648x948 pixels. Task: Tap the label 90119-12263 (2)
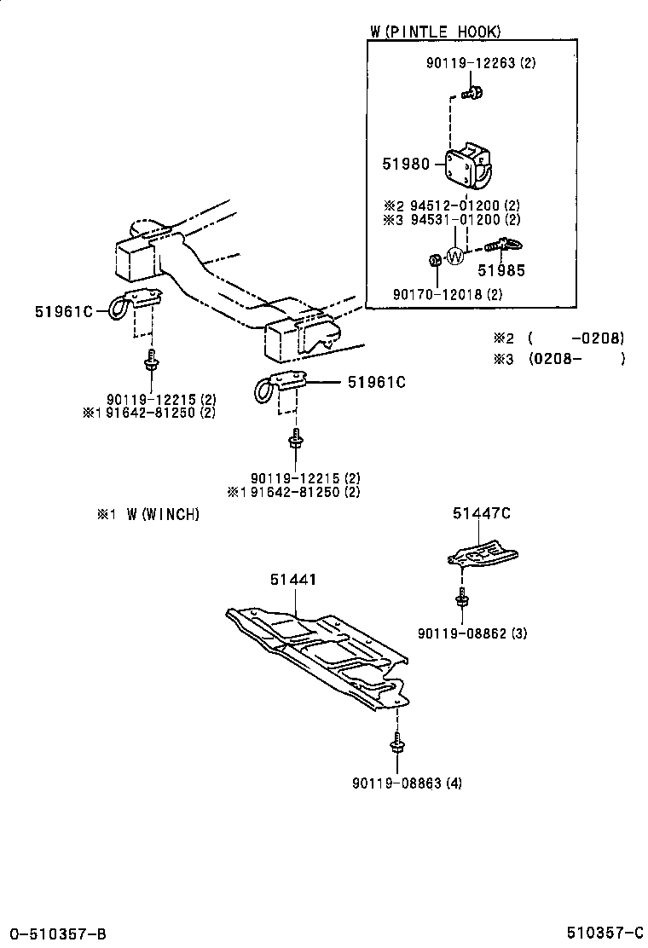click(x=481, y=63)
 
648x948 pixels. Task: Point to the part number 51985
click(x=500, y=271)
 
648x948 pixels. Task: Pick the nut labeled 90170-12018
click(x=433, y=260)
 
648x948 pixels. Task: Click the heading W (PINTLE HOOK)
click(x=435, y=32)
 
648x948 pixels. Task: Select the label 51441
click(x=293, y=580)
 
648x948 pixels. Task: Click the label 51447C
click(x=481, y=512)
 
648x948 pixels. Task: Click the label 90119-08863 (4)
click(x=407, y=783)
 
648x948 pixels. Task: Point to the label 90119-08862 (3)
click(x=472, y=633)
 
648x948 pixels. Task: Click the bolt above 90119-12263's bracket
click(x=472, y=91)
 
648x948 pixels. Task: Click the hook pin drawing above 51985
click(x=506, y=246)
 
